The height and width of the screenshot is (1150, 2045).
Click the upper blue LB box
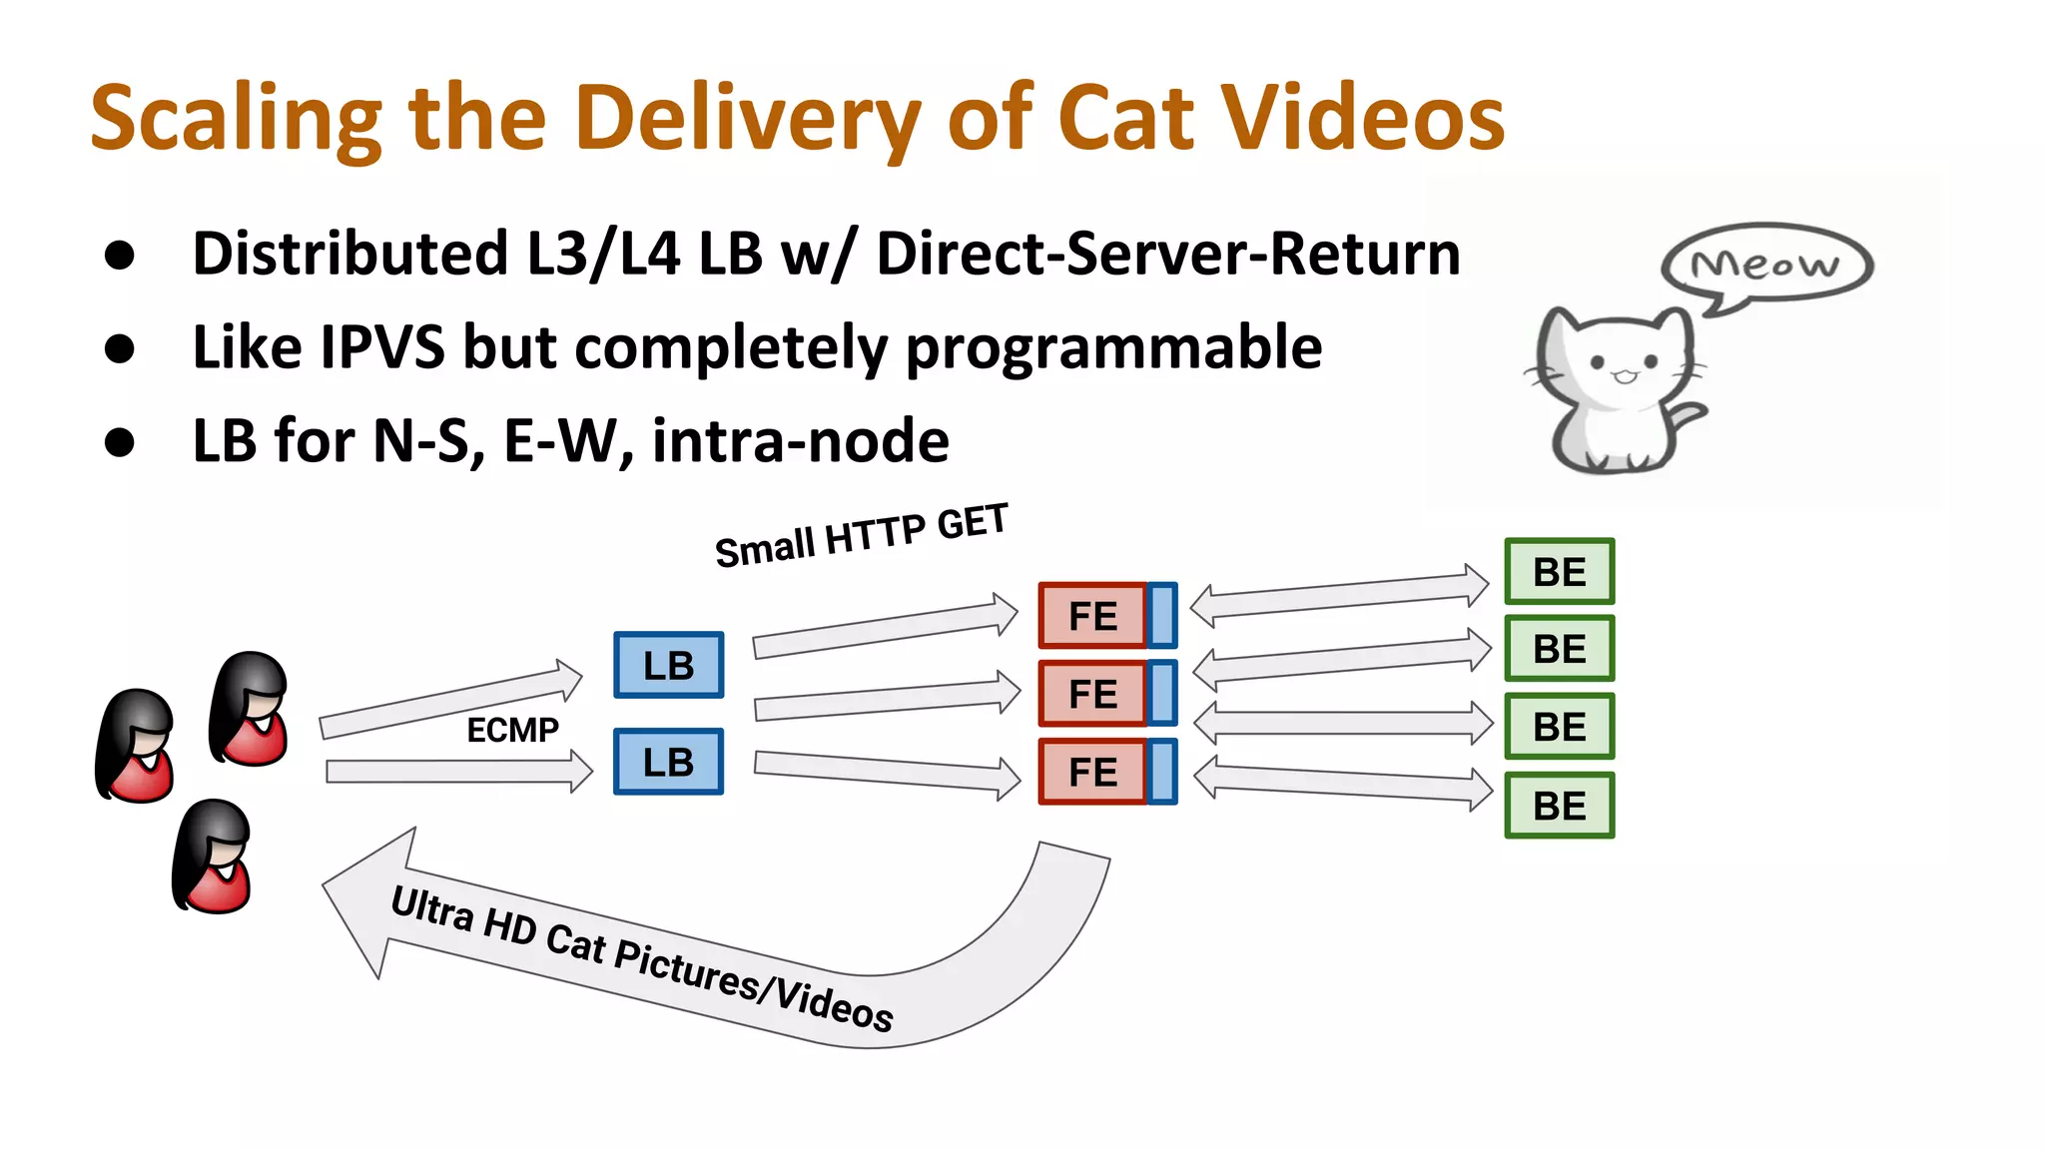[668, 665]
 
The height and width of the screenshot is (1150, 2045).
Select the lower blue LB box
[668, 762]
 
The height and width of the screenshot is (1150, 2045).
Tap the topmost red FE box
[1092, 616]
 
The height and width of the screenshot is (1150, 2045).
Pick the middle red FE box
[1092, 693]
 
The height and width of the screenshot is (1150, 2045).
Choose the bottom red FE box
[1092, 772]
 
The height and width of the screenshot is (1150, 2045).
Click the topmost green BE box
[1559, 572]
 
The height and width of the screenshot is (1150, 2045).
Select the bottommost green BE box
[1559, 806]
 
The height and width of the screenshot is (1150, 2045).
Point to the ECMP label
[512, 730]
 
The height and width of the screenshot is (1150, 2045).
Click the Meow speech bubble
[1765, 264]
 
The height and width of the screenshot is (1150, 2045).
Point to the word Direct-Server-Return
[1168, 254]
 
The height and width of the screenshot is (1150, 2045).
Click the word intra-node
[800, 440]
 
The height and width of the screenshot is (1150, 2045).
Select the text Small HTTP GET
[861, 536]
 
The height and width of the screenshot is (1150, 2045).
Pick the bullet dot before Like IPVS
[120, 348]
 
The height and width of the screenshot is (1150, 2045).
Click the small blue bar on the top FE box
[1162, 615]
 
